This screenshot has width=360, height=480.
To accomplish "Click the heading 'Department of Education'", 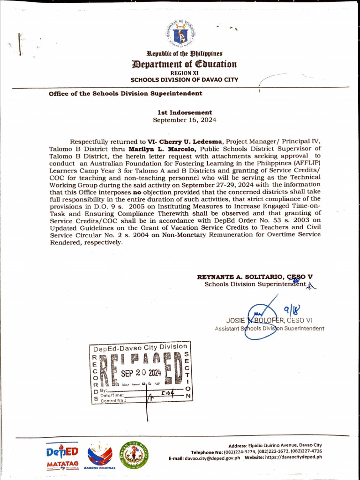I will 184,64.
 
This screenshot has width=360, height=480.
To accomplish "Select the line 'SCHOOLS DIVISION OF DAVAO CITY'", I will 184,80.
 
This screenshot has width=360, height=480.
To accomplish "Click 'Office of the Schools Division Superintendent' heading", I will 126,93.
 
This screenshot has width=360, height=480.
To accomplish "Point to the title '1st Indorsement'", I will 184,112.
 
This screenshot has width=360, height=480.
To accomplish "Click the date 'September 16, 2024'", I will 184,120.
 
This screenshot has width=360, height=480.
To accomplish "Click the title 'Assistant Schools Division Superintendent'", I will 269,329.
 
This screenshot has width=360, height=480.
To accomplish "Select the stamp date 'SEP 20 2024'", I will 141,373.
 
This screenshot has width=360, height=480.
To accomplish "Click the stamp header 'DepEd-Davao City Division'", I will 140,347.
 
